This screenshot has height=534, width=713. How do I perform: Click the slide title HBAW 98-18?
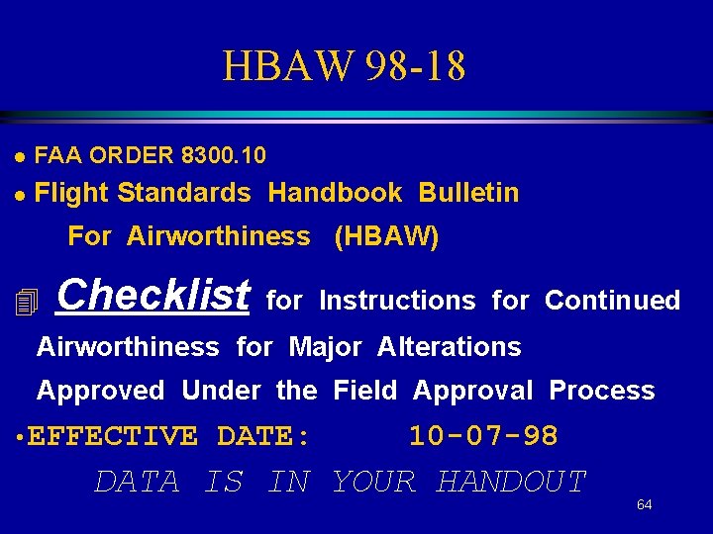click(344, 66)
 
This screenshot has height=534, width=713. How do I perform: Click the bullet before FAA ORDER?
click(19, 156)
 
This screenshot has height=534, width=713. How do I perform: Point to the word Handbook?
click(335, 193)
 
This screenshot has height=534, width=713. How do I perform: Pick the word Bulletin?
click(468, 193)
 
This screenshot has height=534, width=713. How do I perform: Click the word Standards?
click(184, 193)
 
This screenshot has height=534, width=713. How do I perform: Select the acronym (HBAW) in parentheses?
click(387, 236)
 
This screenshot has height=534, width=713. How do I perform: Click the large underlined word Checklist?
click(153, 295)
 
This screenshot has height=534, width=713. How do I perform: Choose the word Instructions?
click(397, 301)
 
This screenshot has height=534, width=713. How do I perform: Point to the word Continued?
click(612, 301)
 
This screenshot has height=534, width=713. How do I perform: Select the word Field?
click(364, 391)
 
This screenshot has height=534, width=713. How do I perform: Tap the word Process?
click(601, 391)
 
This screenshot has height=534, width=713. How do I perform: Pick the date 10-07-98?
click(483, 436)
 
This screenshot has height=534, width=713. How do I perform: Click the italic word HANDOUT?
click(511, 482)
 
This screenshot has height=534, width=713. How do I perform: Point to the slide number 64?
click(644, 505)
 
